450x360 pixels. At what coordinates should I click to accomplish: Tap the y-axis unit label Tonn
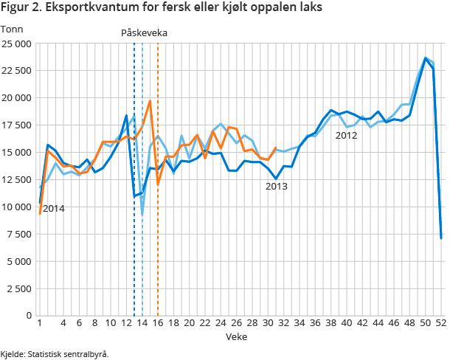[13, 29]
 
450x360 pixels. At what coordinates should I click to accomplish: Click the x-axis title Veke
[237, 336]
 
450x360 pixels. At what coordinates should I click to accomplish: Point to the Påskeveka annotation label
[145, 33]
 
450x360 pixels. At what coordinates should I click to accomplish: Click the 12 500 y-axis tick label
[16, 180]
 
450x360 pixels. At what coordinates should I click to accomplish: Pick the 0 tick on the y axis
[27, 316]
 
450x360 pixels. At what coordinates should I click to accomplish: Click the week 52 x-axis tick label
[441, 323]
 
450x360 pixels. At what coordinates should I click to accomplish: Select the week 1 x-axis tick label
[39, 323]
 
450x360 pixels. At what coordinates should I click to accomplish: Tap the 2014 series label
[54, 209]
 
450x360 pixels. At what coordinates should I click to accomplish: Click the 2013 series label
[277, 187]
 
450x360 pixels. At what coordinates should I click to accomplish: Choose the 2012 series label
[346, 135]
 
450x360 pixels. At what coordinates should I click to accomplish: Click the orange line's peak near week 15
[150, 101]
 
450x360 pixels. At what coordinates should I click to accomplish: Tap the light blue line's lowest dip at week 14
[142, 215]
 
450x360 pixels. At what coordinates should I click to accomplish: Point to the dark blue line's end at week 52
[441, 238]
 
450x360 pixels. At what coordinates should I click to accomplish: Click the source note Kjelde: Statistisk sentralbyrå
[55, 353]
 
